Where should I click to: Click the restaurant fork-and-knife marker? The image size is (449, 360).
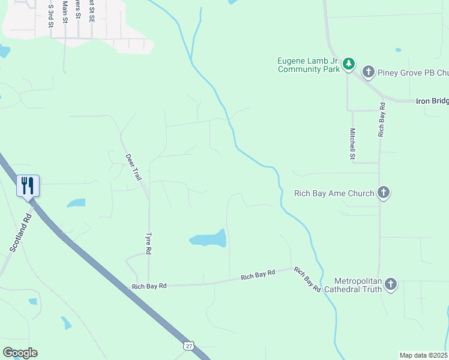coord(27,185)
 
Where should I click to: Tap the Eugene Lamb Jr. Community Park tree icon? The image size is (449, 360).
coord(349,64)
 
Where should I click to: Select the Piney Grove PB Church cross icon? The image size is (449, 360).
coord(369,73)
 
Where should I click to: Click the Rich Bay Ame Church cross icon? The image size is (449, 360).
coord(384,193)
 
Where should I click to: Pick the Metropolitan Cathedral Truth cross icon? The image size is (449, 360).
coord(391,283)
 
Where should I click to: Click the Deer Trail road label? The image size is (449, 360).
coord(133,167)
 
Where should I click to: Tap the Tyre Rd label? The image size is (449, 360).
coord(149,242)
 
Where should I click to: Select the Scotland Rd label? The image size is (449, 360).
coord(20,232)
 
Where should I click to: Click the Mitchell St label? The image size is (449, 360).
coord(353,145)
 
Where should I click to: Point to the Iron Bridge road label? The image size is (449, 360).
coord(432,101)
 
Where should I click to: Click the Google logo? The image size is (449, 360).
coord(20,352)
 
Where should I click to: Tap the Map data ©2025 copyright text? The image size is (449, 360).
coord(423,355)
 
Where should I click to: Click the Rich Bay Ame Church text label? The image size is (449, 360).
coord(334,193)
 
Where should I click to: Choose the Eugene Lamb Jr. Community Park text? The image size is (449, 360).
coord(309,65)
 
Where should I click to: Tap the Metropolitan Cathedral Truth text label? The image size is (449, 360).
coord(353,284)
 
